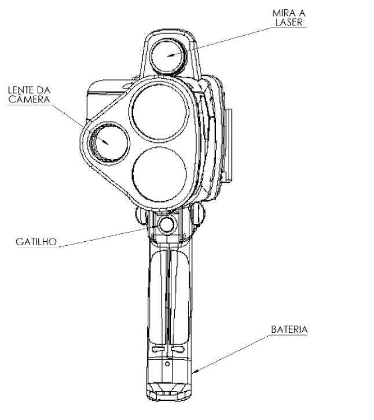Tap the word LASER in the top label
click(289, 22)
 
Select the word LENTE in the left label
click(20, 90)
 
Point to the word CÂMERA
click(29, 100)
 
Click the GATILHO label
click(36, 242)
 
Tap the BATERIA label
click(289, 330)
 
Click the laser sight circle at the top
click(168, 57)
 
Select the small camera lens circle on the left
click(109, 143)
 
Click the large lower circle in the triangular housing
click(159, 174)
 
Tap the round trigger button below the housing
click(166, 224)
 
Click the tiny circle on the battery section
click(167, 364)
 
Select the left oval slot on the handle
click(159, 349)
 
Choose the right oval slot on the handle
click(177, 349)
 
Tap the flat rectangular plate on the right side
click(229, 145)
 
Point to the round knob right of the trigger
click(198, 214)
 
